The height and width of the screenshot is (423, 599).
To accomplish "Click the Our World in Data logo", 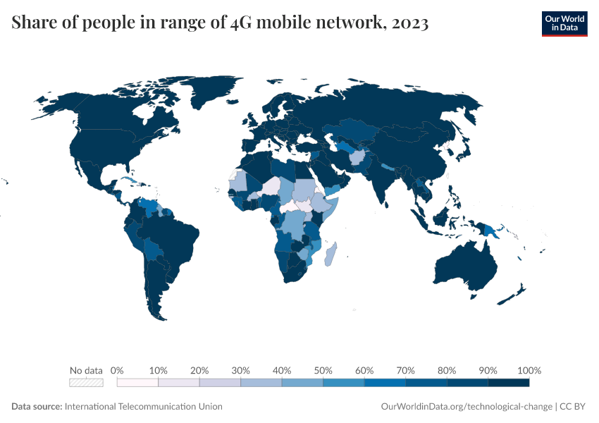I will tap(564, 23).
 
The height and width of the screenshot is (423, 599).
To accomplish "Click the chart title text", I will tap(220, 23).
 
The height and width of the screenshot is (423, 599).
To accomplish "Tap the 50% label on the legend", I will tap(323, 370).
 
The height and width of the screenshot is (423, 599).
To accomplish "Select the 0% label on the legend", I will tap(118, 370).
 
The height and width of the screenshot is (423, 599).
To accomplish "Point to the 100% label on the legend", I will tap(529, 370).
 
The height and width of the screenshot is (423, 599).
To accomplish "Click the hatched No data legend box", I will tap(86, 383).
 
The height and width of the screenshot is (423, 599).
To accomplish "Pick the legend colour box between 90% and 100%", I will tap(508, 383).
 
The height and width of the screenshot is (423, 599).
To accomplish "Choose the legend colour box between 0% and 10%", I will tap(137, 383).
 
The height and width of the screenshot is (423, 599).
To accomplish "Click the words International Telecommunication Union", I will tap(143, 407).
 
